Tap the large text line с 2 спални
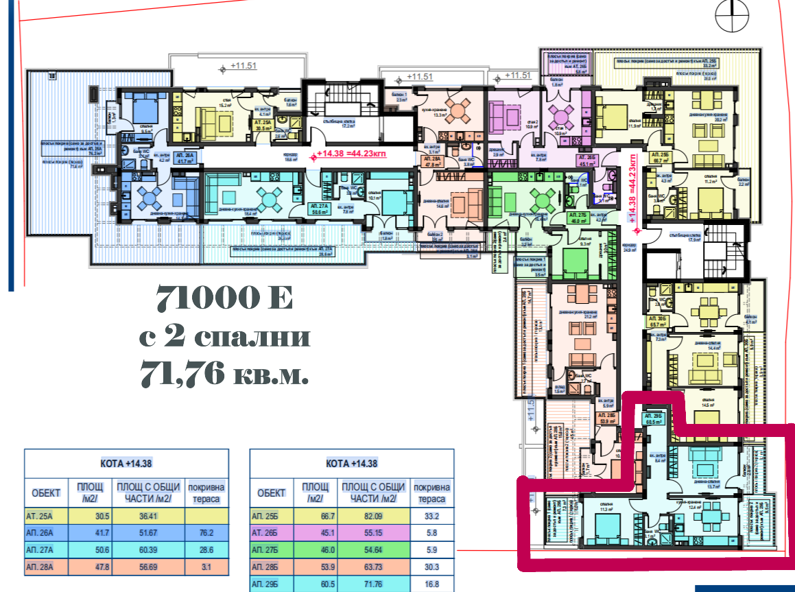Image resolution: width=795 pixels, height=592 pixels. [224, 337]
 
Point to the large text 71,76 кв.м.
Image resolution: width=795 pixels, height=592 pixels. [224, 375]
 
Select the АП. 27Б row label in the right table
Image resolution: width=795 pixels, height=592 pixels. [272, 550]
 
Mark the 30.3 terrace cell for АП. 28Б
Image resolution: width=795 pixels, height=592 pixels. [431, 567]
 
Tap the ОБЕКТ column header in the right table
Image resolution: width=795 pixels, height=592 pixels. [272, 493]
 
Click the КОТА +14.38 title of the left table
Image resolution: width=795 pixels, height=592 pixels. [126, 462]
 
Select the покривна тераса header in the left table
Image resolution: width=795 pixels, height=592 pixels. [206, 493]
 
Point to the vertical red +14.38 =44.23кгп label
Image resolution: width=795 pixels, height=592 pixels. [633, 189]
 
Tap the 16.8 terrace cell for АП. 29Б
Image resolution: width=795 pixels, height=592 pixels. [431, 584]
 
